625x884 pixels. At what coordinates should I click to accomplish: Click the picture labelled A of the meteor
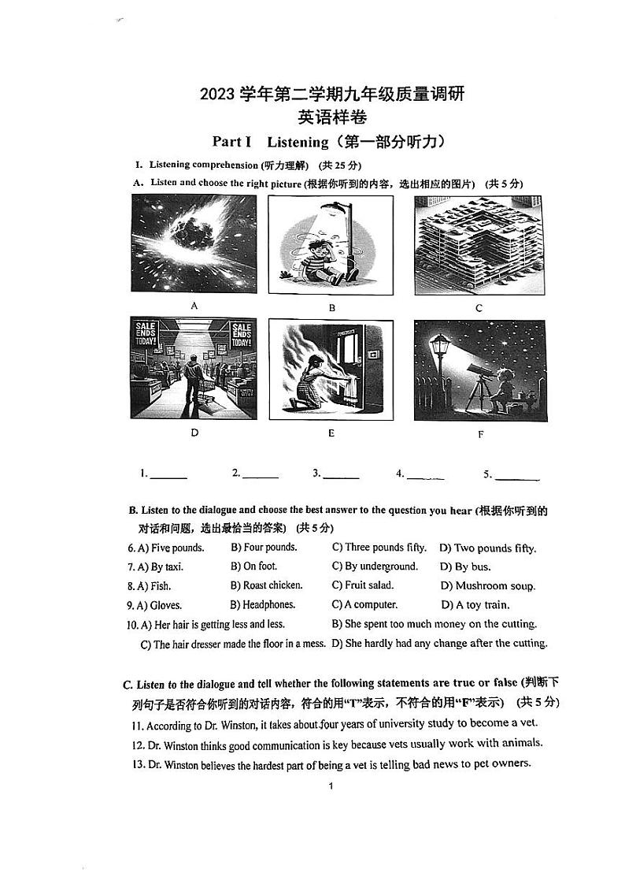pyautogui.click(x=194, y=244)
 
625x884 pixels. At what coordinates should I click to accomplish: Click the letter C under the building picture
pyautogui.click(x=479, y=308)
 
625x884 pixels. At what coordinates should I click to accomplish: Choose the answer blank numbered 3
pyautogui.click(x=341, y=475)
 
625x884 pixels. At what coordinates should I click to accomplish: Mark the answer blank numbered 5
pyautogui.click(x=518, y=476)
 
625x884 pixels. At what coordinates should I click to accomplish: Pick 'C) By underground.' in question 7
pyautogui.click(x=375, y=566)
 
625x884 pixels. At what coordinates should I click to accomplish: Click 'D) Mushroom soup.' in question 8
pyautogui.click(x=487, y=586)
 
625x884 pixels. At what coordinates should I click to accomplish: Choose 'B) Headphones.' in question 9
pyautogui.click(x=263, y=605)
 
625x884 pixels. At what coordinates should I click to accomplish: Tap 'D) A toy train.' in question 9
pyautogui.click(x=475, y=605)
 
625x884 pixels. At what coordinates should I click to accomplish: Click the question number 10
pyautogui.click(x=132, y=625)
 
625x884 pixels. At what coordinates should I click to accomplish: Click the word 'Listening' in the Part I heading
pyautogui.click(x=297, y=142)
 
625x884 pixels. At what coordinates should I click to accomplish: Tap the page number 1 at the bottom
pyautogui.click(x=331, y=786)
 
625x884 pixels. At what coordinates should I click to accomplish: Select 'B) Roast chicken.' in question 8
pyautogui.click(x=266, y=585)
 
